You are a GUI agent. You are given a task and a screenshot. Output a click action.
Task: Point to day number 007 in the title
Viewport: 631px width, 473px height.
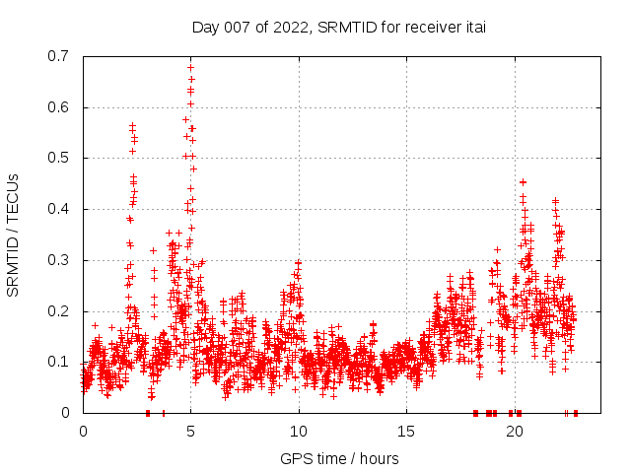pos(242,28)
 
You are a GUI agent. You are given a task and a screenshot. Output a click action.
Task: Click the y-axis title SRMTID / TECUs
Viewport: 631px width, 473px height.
pos(13,235)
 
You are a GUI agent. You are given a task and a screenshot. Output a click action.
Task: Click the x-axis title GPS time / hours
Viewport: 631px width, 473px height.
pos(339,458)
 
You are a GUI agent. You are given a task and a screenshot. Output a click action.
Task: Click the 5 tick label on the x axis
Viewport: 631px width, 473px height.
pos(190,432)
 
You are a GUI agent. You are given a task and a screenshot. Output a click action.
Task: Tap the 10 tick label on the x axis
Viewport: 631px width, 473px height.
pos(298,432)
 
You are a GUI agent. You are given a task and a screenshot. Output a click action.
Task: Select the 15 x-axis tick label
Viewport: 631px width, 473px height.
pos(405,432)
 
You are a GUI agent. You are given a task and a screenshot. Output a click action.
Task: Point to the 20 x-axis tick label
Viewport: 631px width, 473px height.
pos(513,432)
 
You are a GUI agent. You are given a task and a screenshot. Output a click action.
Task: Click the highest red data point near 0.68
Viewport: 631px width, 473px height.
pos(190,68)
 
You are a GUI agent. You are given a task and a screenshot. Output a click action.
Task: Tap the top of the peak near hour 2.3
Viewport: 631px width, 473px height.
pos(132,125)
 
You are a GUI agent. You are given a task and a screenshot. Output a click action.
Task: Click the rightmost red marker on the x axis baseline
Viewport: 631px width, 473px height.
pos(575,413)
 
